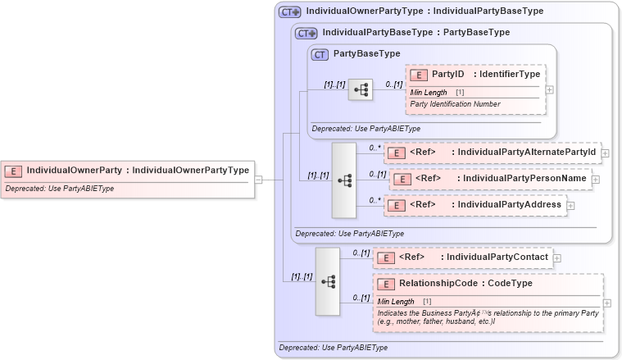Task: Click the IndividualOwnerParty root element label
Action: (77, 171)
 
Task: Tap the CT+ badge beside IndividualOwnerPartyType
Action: (290, 12)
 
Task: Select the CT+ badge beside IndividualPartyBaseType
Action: (306, 33)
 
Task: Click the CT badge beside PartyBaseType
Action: (320, 54)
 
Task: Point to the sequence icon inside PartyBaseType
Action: (360, 89)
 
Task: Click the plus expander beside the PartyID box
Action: (549, 90)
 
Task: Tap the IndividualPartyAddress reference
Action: (507, 204)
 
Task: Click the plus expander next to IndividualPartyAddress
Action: (570, 205)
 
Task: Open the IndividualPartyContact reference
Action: (494, 257)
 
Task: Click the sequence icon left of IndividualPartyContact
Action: (328, 281)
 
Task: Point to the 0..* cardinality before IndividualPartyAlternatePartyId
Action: (375, 148)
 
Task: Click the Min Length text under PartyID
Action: (429, 93)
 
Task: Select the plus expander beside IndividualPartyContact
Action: (557, 257)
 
